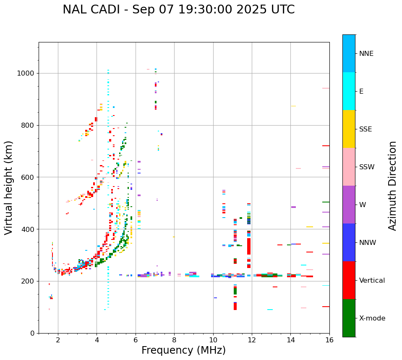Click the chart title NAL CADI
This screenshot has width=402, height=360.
[178, 10]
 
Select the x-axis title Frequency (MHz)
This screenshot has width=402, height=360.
[183, 350]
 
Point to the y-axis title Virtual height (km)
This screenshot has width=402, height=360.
[9, 187]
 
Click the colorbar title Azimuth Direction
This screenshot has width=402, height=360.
[392, 186]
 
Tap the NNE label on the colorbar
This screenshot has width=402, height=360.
[366, 54]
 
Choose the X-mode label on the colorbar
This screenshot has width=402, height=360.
[372, 318]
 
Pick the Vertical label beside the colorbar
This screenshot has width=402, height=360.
[372, 281]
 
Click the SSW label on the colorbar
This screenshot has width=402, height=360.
[367, 167]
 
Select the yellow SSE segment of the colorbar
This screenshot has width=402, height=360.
[349, 129]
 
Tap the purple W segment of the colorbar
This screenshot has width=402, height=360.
[349, 205]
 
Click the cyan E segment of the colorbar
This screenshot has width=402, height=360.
[349, 91]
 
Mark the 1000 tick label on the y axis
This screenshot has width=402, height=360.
[26, 74]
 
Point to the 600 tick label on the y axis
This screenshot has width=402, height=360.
[28, 177]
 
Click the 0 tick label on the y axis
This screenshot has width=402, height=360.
[32, 333]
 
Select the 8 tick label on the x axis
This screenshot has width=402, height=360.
[174, 340]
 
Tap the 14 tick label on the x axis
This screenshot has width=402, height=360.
[290, 340]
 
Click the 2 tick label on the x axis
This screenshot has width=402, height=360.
[58, 340]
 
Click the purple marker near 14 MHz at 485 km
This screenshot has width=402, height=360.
[293, 207]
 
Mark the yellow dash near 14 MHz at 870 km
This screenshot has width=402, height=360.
[293, 106]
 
